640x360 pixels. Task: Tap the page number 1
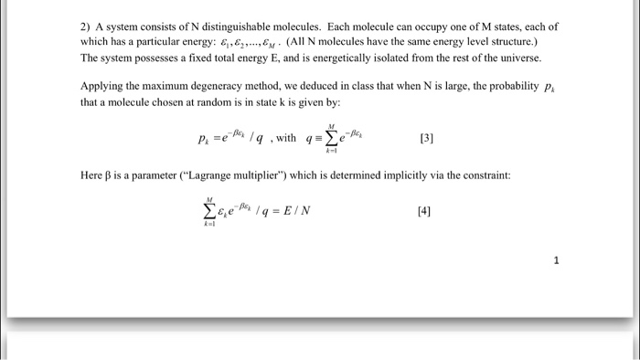pyautogui.click(x=554, y=260)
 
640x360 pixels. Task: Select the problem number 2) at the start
pyautogui.click(x=86, y=26)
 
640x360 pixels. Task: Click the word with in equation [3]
pyautogui.click(x=287, y=139)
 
